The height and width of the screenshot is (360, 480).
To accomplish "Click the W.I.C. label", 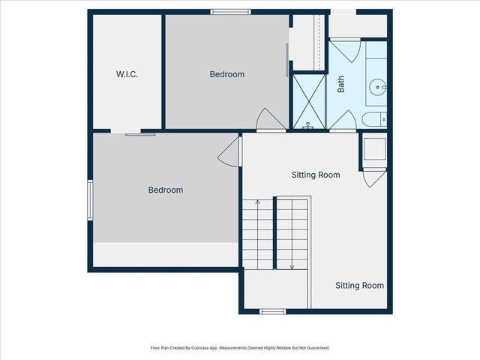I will pyautogui.click(x=127, y=74).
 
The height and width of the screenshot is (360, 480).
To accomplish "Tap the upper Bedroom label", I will pyautogui.click(x=226, y=74).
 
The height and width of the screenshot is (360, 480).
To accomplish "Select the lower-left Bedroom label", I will pyautogui.click(x=165, y=190).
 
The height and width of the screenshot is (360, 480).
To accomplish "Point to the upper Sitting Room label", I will pyautogui.click(x=315, y=175).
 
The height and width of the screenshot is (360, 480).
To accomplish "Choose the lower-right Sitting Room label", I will pyautogui.click(x=359, y=285).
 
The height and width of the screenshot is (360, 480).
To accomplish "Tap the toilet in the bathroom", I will pyautogui.click(x=373, y=118).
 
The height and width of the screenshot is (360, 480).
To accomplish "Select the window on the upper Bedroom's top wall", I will pyautogui.click(x=229, y=12).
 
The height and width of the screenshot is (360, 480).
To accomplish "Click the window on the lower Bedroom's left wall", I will pyautogui.click(x=91, y=200).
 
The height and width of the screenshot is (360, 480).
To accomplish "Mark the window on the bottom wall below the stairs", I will pyautogui.click(x=272, y=310).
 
